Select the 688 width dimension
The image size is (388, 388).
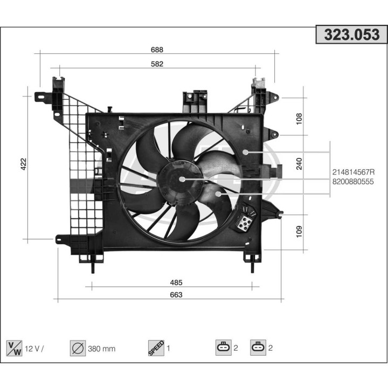click(x=157, y=50)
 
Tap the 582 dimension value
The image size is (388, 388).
click(x=157, y=64)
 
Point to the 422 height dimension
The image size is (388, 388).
click(x=23, y=164)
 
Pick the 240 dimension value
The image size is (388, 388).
click(x=299, y=163)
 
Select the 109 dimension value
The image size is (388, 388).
click(x=299, y=231)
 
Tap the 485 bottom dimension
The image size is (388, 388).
click(x=176, y=282)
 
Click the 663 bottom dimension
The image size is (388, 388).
click(x=176, y=295)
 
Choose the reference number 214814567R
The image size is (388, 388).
click(x=353, y=172)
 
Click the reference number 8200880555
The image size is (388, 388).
click(x=353, y=182)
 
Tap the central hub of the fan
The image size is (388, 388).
click(x=181, y=178)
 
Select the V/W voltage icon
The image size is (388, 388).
click(x=13, y=348)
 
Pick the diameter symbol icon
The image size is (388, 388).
click(x=78, y=348)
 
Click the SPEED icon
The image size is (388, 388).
click(x=155, y=348)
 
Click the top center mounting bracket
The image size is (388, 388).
click(x=195, y=100)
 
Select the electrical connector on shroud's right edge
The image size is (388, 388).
click(x=278, y=171)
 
